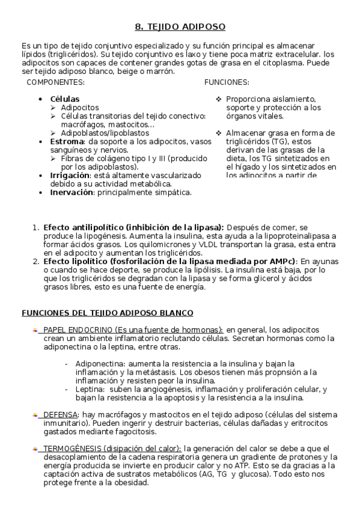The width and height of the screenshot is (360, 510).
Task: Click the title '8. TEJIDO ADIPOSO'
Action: click(180, 27)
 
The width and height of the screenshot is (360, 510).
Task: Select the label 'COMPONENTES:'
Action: click(56, 82)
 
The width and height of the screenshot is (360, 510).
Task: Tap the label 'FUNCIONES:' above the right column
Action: click(227, 82)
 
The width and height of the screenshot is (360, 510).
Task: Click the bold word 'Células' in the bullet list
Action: click(64, 99)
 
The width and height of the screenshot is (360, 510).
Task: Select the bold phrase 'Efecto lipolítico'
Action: click(75, 262)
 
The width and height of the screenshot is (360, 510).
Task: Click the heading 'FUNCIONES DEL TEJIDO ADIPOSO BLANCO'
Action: click(108, 313)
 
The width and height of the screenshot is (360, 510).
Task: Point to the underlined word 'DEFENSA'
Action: click(60, 415)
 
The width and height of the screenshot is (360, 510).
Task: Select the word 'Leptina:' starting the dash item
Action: click(90, 389)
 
